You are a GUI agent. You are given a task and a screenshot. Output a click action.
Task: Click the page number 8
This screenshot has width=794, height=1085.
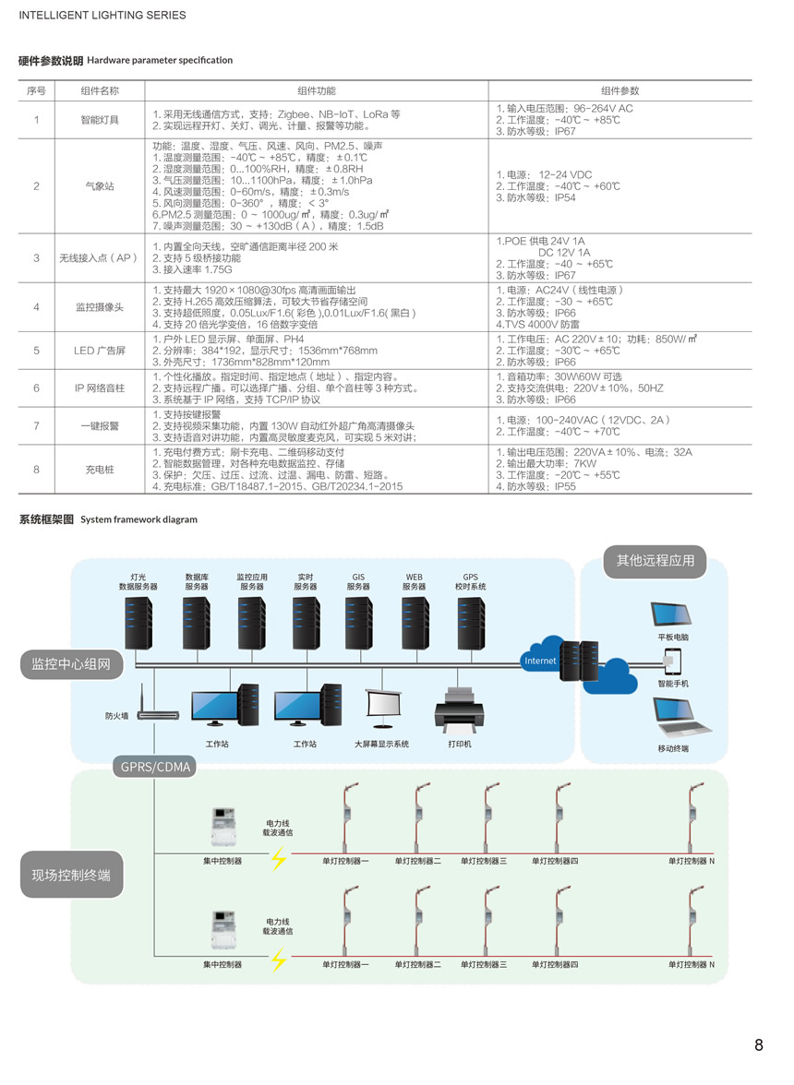pyautogui.click(x=759, y=1044)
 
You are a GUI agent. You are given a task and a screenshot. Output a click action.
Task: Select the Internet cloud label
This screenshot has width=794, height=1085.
pyautogui.click(x=540, y=661)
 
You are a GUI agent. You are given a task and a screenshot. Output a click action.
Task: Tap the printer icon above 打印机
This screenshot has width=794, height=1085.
pyautogui.click(x=459, y=710)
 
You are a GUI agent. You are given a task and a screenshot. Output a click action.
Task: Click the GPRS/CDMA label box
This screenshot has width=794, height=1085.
pyautogui.click(x=155, y=767)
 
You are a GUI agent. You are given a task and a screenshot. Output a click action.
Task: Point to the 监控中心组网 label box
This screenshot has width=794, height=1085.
pyautogui.click(x=70, y=664)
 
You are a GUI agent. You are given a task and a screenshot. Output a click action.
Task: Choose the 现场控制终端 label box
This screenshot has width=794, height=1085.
pyautogui.click(x=71, y=876)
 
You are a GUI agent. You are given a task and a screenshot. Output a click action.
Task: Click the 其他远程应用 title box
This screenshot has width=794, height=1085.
pyautogui.click(x=656, y=561)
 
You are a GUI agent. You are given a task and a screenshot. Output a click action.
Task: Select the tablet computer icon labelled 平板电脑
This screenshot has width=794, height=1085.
pyautogui.click(x=671, y=615)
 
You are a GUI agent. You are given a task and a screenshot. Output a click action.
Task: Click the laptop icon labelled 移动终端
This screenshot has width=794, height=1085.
pyautogui.click(x=680, y=717)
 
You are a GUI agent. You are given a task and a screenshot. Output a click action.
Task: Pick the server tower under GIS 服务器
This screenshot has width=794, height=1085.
pyautogui.click(x=358, y=624)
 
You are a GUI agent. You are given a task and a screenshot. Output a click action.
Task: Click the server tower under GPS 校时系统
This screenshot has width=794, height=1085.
pyautogui.click(x=471, y=624)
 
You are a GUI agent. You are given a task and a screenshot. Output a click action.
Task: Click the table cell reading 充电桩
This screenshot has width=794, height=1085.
pyautogui.click(x=100, y=470)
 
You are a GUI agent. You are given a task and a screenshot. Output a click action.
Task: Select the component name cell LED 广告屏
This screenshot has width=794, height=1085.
pyautogui.click(x=100, y=351)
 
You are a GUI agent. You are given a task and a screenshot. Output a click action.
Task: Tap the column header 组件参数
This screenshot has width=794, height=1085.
pyautogui.click(x=620, y=90)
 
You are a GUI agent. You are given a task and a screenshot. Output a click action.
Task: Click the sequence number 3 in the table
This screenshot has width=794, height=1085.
pyautogui.click(x=37, y=258)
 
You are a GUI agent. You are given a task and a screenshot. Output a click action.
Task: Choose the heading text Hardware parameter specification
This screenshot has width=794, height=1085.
pyautogui.click(x=160, y=60)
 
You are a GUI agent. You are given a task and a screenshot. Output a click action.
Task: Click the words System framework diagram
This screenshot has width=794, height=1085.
pyautogui.click(x=138, y=519)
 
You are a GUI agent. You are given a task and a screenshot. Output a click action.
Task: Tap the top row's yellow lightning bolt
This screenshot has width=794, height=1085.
pyautogui.click(x=278, y=857)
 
